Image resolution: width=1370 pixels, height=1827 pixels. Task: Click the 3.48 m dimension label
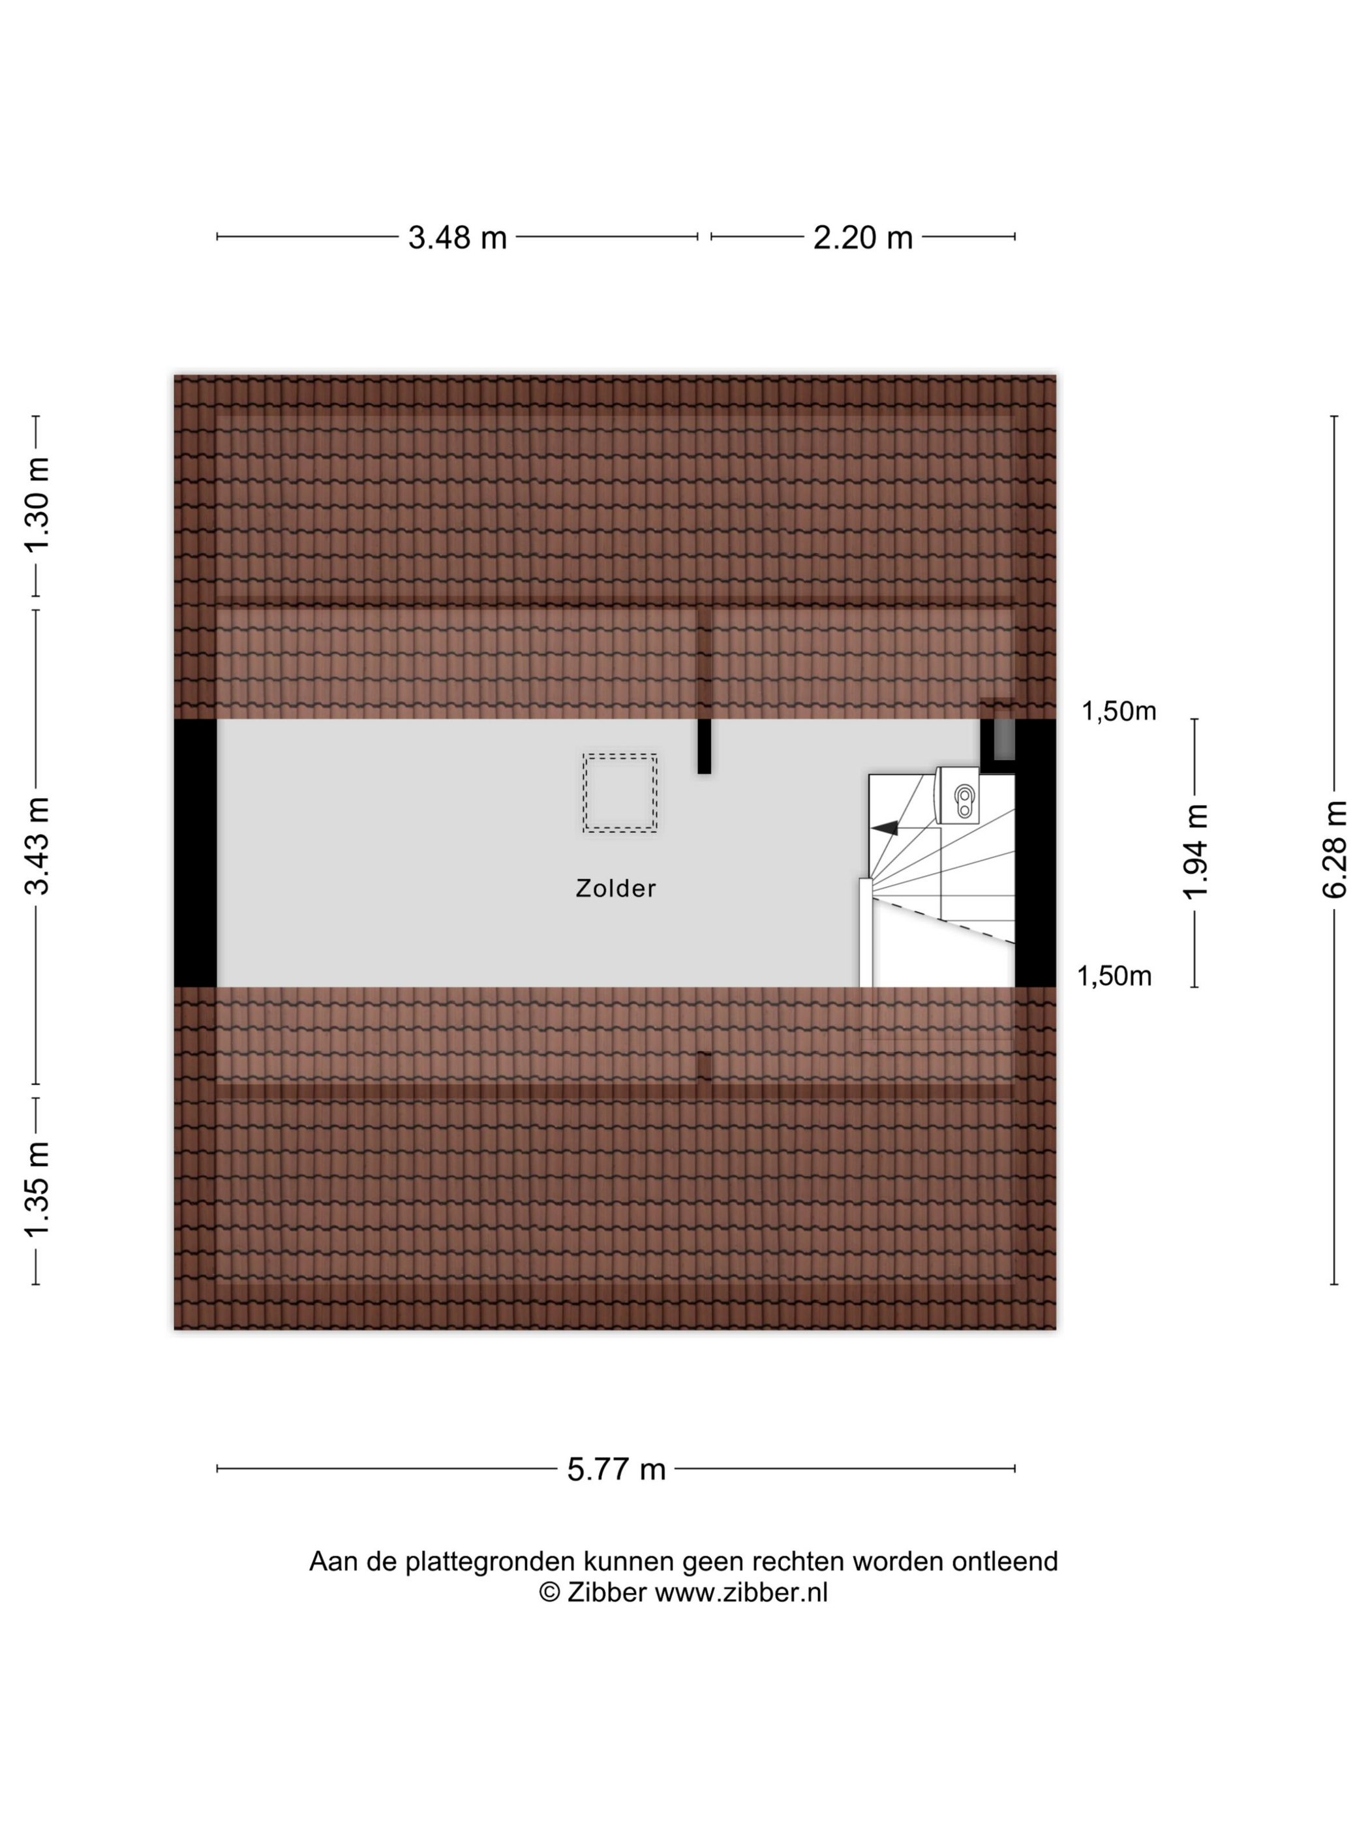pyautogui.click(x=457, y=238)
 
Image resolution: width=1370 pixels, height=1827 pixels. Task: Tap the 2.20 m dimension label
pyautogui.click(x=862, y=238)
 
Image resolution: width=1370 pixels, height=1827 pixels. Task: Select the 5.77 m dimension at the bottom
pyautogui.click(x=616, y=1469)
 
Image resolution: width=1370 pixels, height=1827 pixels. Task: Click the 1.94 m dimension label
pyautogui.click(x=1196, y=852)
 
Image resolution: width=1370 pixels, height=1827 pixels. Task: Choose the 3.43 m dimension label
pyautogui.click(x=38, y=846)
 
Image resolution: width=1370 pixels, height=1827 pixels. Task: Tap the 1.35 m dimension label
pyautogui.click(x=38, y=1189)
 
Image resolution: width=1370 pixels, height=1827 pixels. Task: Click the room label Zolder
pyautogui.click(x=615, y=889)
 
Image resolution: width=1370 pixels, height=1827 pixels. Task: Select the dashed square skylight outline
pyautogui.click(x=619, y=792)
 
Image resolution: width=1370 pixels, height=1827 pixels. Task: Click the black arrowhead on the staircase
pyautogui.click(x=885, y=827)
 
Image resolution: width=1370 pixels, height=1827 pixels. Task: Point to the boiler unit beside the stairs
pyautogui.click(x=958, y=796)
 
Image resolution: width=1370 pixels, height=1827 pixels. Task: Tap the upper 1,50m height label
pyautogui.click(x=1118, y=711)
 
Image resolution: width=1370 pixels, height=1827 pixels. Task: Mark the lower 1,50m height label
pyautogui.click(x=1113, y=976)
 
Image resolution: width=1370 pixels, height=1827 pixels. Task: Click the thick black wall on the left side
pyautogui.click(x=195, y=852)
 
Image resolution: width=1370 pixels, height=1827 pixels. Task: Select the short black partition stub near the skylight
pyautogui.click(x=703, y=746)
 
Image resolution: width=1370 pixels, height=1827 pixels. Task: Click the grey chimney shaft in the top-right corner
pyautogui.click(x=1003, y=739)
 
